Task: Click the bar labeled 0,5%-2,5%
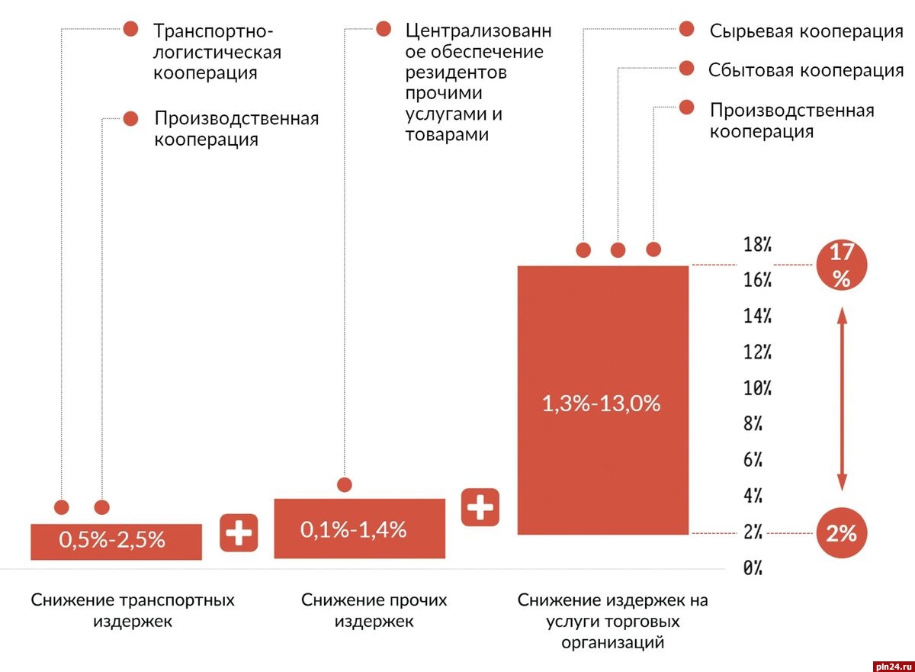(116, 541)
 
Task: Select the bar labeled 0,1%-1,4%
(359, 528)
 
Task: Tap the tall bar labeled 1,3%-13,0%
(602, 400)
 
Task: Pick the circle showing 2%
(841, 534)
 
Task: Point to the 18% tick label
(758, 245)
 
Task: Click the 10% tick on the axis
(758, 388)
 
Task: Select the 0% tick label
(753, 568)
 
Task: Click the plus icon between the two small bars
(239, 533)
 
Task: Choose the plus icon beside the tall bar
(480, 507)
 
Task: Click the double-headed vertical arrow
(842, 399)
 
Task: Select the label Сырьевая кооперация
(806, 31)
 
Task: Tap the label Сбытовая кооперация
(805, 70)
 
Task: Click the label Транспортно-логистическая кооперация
(217, 52)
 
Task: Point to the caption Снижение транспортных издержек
(133, 610)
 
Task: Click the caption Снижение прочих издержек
(374, 610)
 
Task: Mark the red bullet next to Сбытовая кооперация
(686, 69)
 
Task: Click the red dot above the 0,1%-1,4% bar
(345, 484)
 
